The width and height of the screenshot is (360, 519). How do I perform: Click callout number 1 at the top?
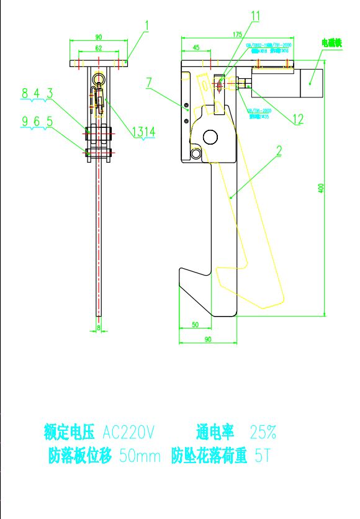pos(147,25)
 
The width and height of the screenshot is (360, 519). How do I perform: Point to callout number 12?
pos(298,119)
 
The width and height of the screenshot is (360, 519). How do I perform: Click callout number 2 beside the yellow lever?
pos(279,150)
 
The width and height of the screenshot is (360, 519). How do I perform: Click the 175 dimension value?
pos(236,35)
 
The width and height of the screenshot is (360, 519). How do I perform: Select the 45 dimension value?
pos(196,47)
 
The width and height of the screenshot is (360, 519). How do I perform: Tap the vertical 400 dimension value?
pos(321,187)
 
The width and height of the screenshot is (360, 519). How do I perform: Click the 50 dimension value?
pos(194,325)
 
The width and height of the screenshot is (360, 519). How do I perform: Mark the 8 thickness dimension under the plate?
pos(98,326)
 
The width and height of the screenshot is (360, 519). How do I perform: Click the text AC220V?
pos(128,431)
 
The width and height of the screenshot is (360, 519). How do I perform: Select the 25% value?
pos(263,431)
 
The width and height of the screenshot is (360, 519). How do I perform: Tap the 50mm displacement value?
pos(140,456)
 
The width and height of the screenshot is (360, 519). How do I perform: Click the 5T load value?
pos(263,456)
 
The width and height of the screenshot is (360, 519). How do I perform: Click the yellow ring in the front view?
pos(98,79)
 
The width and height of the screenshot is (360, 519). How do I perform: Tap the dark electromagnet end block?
pos(312,82)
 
